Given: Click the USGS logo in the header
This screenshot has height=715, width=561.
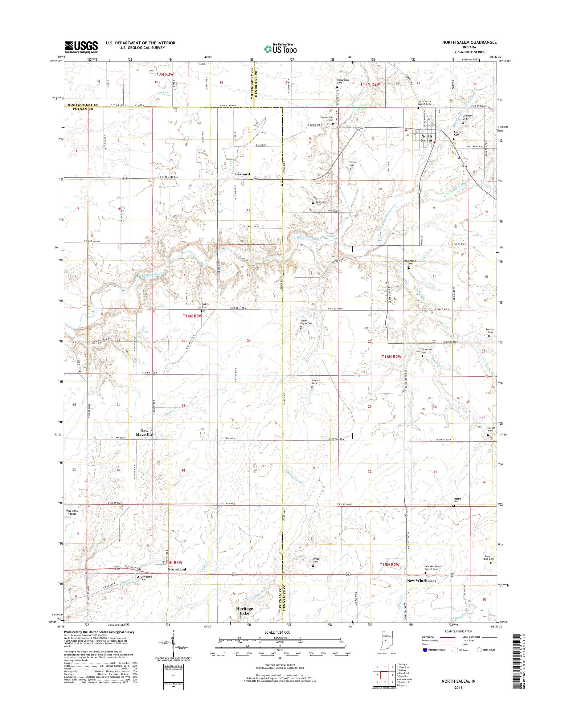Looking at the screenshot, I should coord(81,47).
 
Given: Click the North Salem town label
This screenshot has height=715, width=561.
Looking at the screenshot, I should coord(427,138).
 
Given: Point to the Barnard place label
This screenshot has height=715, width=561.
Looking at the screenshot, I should coord(242,174).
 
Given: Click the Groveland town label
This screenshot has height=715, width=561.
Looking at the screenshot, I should coord(177,569).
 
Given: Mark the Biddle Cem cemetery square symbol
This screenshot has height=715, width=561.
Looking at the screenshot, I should coord(202,311).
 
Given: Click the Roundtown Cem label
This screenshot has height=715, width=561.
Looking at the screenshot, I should coord(410,262).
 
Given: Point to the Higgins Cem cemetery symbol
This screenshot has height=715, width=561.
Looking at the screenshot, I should coord(454,506).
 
